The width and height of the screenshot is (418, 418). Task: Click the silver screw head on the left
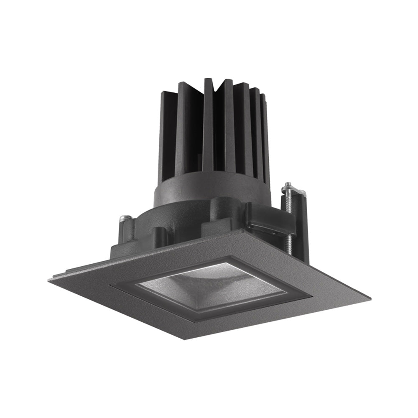(124, 218)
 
